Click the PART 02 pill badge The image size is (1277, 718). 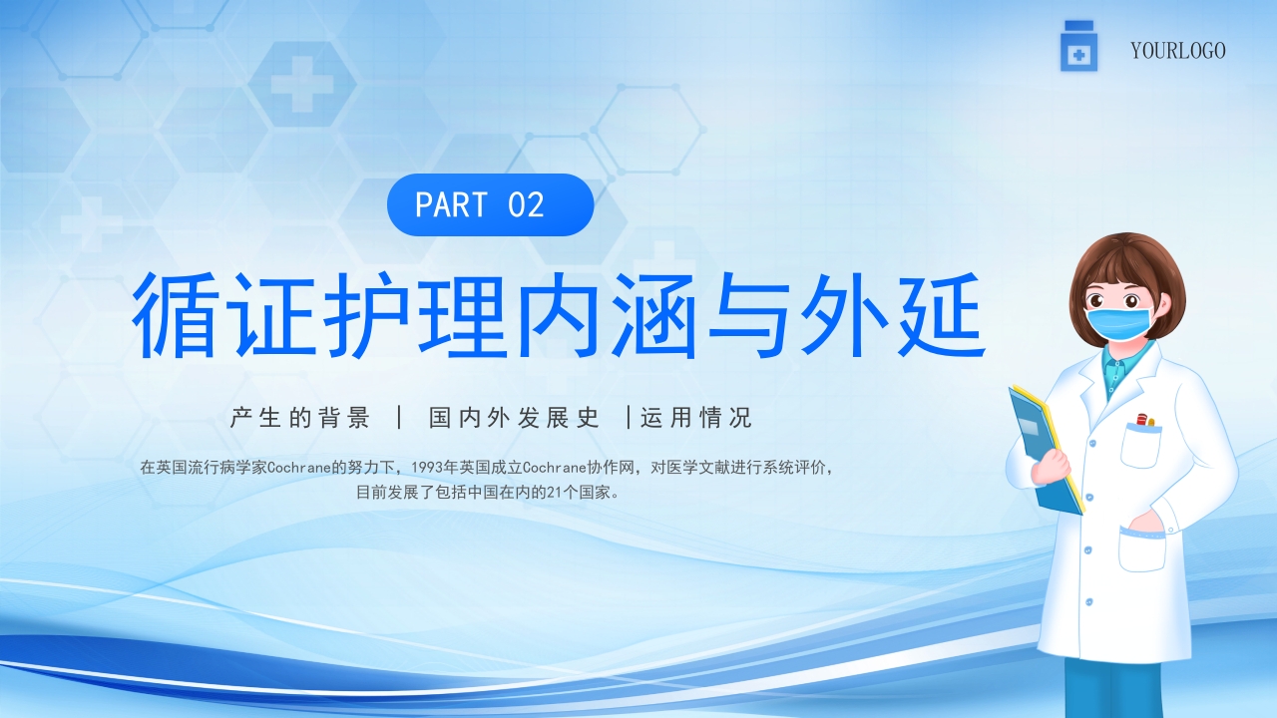pos(490,204)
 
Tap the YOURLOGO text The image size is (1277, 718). pos(1177,51)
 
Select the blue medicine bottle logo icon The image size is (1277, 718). pos(1078,48)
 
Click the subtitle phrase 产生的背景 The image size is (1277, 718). pos(300,418)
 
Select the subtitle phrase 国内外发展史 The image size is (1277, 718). pos(515,418)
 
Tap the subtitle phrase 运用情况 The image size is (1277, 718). pos(696,418)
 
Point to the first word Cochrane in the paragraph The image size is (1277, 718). pos(300,467)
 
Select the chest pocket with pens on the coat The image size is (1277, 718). pos(1141,441)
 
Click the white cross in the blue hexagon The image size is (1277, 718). pos(302,83)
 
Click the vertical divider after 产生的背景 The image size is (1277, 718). pos(400,418)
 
